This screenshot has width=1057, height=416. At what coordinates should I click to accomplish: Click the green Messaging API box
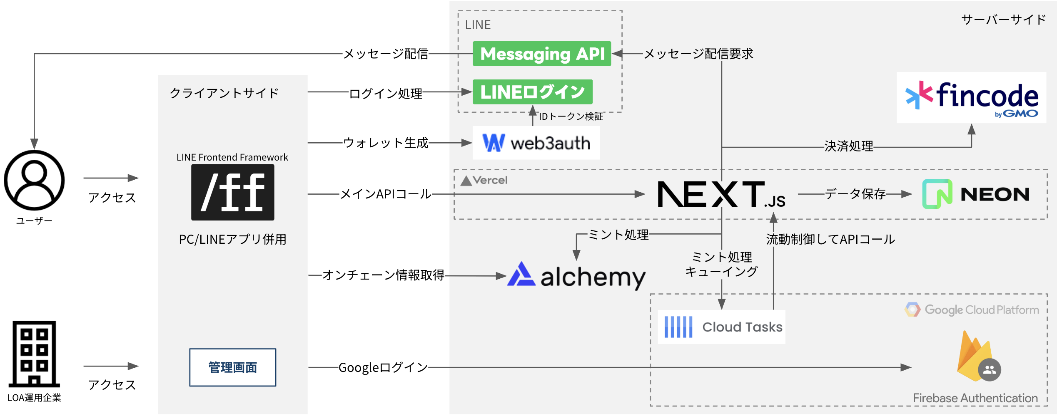pos(541,54)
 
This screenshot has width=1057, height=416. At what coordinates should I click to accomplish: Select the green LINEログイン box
pos(532,92)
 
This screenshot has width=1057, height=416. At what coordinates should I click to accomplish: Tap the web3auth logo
pos(536,143)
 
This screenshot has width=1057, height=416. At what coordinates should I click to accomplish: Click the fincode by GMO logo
pos(971,98)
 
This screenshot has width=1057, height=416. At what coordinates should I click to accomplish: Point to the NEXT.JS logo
pos(720,194)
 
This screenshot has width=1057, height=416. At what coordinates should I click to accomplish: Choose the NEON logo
pos(976,194)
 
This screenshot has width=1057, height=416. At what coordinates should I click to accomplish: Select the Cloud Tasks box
pos(721,327)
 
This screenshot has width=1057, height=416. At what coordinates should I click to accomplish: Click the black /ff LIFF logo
pos(232,192)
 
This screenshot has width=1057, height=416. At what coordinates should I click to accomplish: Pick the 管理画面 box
pos(232,367)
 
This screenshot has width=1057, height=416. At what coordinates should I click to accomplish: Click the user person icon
pos(34,181)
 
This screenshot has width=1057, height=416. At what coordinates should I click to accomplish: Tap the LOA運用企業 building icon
pos(34,354)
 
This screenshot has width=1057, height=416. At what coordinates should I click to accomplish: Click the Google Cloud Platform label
pos(972,310)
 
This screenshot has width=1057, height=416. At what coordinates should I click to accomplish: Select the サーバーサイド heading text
pos(1003,20)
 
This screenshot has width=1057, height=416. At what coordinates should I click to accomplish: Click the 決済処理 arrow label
pos(848,146)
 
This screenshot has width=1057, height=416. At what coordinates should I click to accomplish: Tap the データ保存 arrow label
pos(855,194)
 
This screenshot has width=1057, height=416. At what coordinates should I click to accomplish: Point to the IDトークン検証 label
pos(571,116)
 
